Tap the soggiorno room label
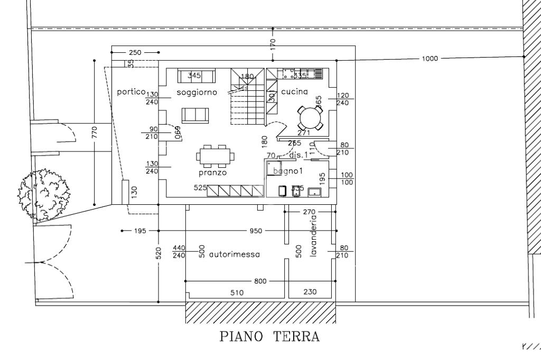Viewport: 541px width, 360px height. [193, 92]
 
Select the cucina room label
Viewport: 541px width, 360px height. [294, 92]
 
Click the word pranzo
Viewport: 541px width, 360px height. [213, 172]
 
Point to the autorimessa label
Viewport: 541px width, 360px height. [235, 254]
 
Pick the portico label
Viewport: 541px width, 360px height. [131, 92]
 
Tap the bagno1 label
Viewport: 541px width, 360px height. [287, 172]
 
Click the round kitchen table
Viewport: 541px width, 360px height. [309, 117]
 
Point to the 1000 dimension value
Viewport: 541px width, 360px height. [430, 59]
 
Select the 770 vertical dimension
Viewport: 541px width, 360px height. [94, 131]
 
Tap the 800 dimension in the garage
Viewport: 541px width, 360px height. [260, 281]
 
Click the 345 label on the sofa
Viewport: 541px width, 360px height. [194, 75]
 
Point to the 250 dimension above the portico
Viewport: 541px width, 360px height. [135, 52]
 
